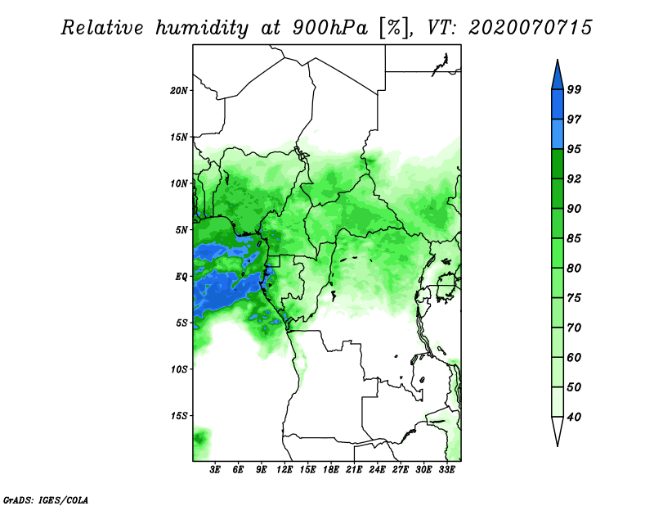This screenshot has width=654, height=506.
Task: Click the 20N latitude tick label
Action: point(178,91)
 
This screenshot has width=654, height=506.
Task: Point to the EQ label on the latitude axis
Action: point(181,277)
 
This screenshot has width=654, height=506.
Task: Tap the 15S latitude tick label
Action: point(178,416)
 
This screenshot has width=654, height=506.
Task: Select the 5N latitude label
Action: point(181,230)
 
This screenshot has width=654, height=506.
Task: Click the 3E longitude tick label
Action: point(215,470)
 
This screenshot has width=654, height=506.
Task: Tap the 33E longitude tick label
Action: point(446,470)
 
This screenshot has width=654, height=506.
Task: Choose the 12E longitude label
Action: point(284,470)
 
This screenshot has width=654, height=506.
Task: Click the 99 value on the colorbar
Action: point(574,89)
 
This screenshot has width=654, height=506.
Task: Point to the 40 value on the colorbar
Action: point(574,417)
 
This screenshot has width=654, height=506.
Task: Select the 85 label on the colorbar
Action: point(574,238)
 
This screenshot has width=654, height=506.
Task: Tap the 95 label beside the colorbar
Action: point(574,149)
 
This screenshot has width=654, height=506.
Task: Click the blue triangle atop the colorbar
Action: point(558,77)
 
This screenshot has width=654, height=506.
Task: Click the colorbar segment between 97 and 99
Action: point(558,105)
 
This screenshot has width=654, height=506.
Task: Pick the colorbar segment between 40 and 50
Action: point(558,402)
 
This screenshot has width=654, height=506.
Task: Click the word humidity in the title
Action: point(202,28)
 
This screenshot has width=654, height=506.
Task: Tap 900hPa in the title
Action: point(330,28)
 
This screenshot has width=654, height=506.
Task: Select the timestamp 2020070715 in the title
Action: point(530,28)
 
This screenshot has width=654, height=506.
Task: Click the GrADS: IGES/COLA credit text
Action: point(46,499)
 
